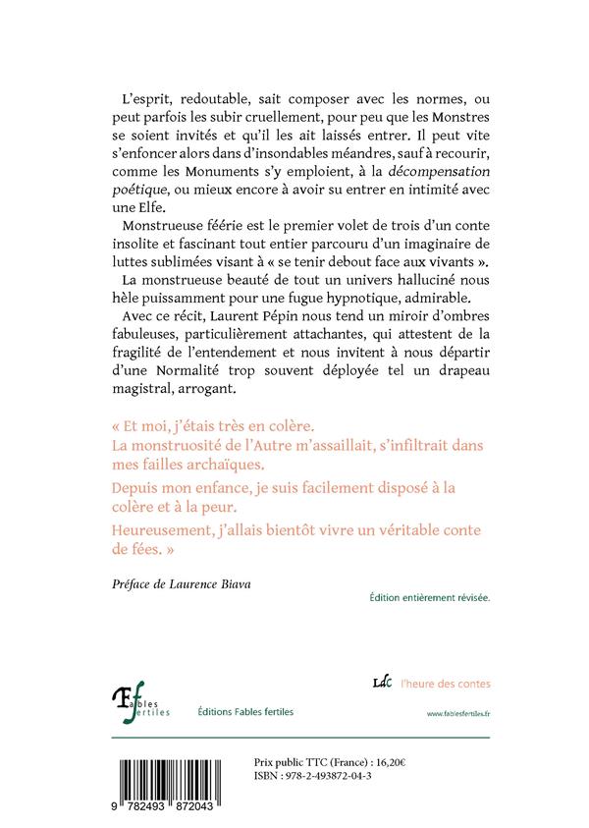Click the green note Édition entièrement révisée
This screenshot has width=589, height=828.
click(429, 596)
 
